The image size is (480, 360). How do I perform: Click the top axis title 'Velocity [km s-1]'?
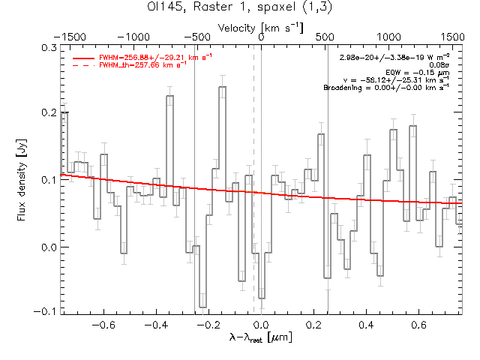[x=261, y=27]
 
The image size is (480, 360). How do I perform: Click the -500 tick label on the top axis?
[x=196, y=35]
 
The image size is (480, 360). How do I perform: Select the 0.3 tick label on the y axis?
[x=48, y=47]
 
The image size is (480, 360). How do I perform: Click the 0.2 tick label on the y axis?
[x=48, y=113]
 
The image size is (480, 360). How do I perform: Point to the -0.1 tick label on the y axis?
[x=46, y=310]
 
